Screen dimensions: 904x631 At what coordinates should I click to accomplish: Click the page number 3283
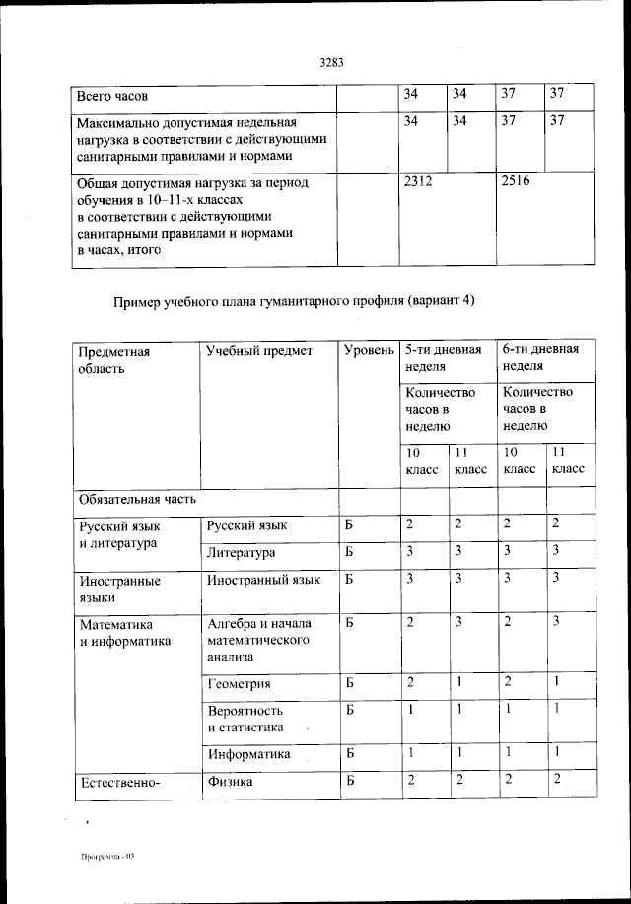point(331,62)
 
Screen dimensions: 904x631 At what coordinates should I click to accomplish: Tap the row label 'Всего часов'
point(112,96)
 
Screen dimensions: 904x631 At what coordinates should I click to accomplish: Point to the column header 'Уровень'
point(368,350)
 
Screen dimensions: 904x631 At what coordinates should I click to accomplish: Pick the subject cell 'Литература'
point(242,553)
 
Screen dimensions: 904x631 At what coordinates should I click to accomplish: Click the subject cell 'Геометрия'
point(240,683)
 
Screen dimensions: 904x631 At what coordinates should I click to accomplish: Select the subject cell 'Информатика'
point(248,754)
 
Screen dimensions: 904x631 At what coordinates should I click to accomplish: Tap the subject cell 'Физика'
point(230,782)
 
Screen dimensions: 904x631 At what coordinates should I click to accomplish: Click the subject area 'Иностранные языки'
point(119,589)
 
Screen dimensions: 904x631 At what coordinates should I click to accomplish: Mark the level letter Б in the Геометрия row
point(349,682)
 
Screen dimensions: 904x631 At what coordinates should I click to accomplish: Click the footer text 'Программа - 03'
point(106,857)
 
